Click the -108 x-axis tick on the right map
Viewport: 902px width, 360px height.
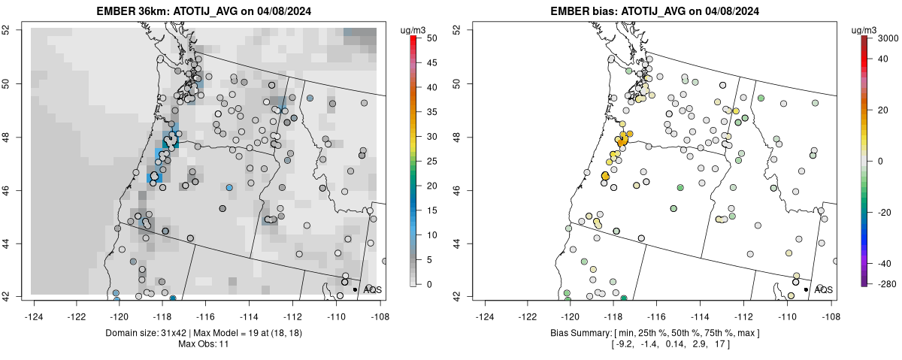point(830,308)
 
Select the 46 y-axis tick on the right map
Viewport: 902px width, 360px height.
point(467,190)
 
